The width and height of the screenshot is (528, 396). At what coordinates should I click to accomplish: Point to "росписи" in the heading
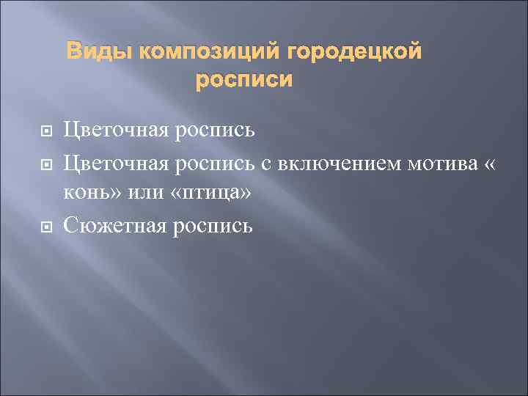tap(243, 79)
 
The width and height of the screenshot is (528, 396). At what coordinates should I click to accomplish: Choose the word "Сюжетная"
tap(117, 226)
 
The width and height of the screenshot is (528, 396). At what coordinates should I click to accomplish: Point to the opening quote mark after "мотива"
tap(489, 164)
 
